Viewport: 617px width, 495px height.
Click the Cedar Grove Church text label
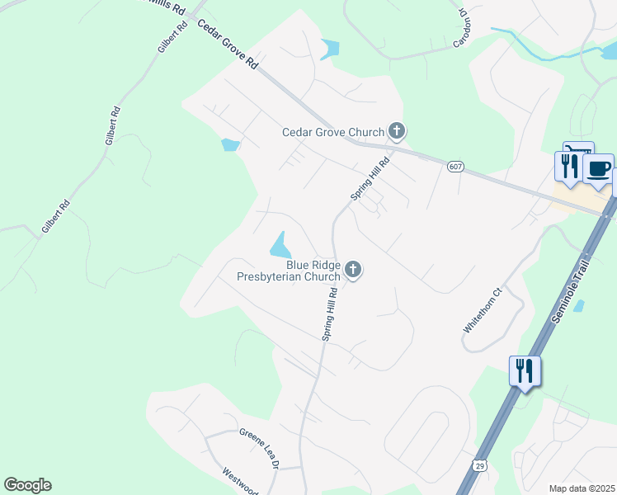pos(333,132)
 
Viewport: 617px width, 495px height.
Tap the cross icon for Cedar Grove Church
pos(397,130)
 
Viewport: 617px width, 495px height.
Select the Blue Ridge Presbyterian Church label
pos(288,271)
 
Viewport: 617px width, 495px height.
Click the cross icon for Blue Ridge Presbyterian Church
pos(353,269)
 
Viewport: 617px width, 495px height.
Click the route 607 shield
pos(455,167)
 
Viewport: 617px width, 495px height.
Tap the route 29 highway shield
pos(480,465)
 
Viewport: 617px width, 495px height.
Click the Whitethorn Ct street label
pos(483,310)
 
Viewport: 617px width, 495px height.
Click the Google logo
pos(27,485)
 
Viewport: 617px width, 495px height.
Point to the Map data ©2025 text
pos(582,488)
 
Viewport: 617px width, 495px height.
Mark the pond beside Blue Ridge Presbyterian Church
pos(280,244)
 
